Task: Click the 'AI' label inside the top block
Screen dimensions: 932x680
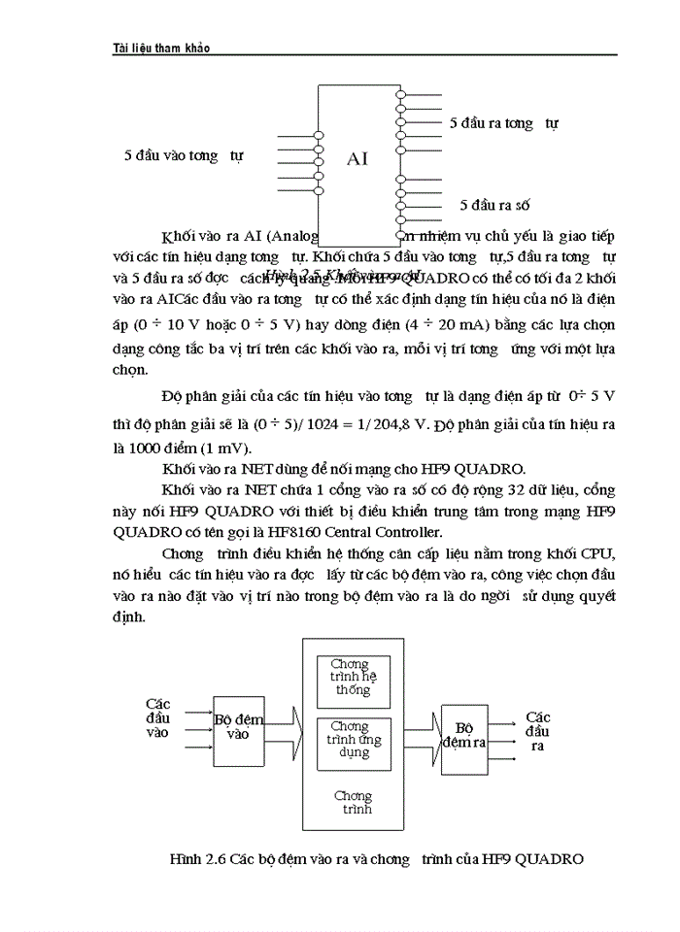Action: [357, 158]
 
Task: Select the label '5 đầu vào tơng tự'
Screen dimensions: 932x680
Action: [184, 155]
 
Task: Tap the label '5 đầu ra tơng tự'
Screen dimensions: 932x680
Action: [503, 123]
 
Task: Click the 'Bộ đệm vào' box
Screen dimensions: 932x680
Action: [238, 728]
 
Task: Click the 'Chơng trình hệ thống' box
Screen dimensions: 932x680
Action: [353, 678]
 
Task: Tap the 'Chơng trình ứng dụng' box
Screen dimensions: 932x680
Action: [353, 740]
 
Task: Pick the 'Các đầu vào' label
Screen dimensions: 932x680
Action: [157, 718]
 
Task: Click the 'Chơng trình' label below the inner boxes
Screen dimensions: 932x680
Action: [353, 803]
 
